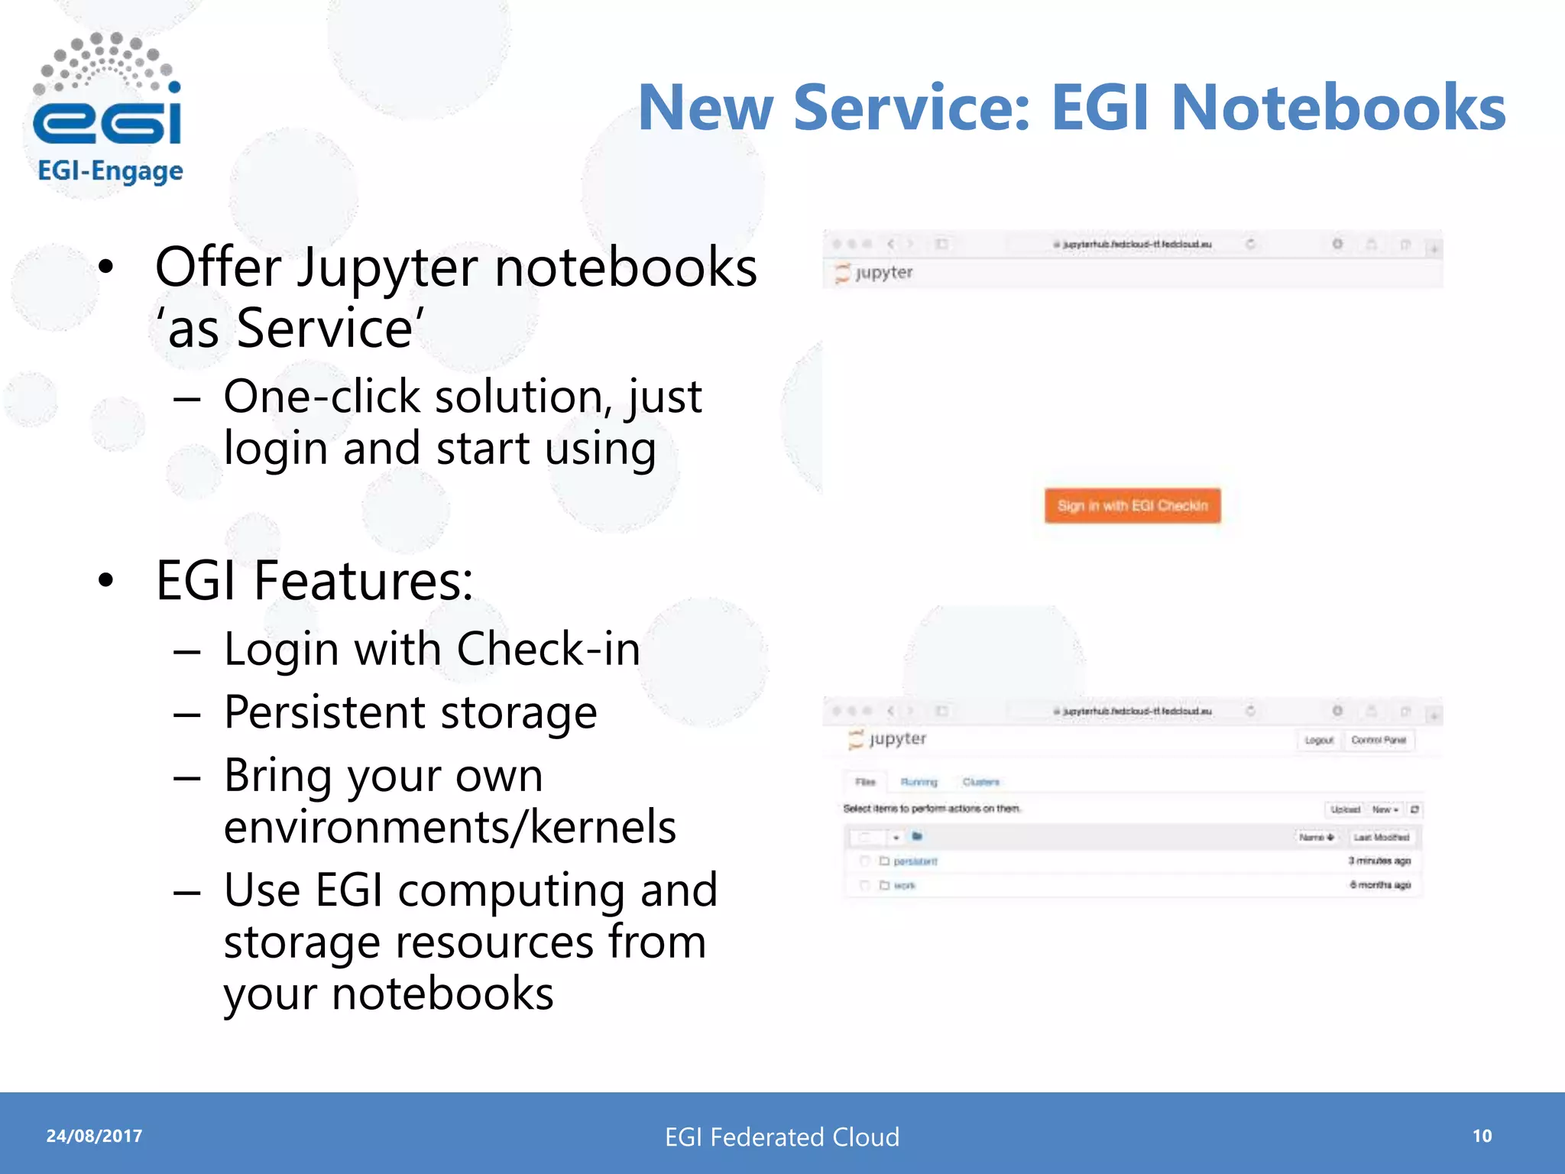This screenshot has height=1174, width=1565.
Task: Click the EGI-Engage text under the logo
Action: click(110, 171)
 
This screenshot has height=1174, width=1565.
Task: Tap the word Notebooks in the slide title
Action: click(1338, 108)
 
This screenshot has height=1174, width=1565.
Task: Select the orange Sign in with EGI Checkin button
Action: click(1132, 506)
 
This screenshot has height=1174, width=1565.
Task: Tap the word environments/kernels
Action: click(449, 827)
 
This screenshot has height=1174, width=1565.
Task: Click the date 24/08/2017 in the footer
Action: click(94, 1136)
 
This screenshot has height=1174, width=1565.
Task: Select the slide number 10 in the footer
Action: click(1482, 1136)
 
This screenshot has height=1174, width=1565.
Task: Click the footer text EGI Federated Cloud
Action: click(782, 1137)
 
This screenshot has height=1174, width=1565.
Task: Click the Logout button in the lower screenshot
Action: click(1318, 740)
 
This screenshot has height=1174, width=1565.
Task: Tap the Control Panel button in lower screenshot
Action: click(1378, 740)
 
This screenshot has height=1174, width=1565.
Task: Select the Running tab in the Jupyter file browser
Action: click(919, 782)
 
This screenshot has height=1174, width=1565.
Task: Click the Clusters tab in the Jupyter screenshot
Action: click(980, 782)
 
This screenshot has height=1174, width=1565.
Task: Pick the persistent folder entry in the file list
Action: click(915, 861)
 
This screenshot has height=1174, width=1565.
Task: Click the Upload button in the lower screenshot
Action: click(1344, 809)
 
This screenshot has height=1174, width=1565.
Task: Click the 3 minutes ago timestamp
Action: click(1379, 861)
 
